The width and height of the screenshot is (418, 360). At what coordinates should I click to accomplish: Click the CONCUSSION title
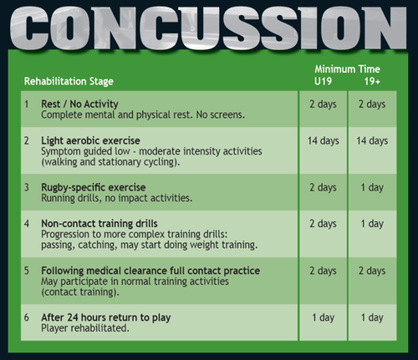pos(209,25)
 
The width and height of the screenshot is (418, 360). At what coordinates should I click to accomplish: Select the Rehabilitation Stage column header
pos(68,81)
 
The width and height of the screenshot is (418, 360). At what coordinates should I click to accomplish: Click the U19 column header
pos(322,81)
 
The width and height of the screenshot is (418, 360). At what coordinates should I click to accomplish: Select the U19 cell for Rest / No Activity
pos(322,104)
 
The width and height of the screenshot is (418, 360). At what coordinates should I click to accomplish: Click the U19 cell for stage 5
pos(322,271)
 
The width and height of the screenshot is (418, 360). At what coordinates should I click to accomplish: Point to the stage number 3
pos(27,187)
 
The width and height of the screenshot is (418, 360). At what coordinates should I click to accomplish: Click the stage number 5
pos(27,271)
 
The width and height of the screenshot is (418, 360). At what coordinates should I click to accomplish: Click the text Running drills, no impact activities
pos(116,198)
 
